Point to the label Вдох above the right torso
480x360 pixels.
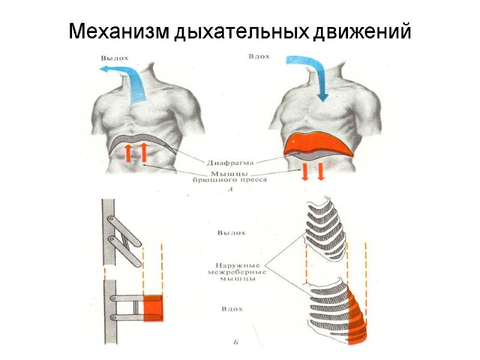(x=259, y=57)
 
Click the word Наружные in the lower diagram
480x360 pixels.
(x=238, y=264)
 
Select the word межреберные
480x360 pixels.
(x=236, y=272)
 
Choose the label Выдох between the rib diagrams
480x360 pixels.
(x=232, y=233)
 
